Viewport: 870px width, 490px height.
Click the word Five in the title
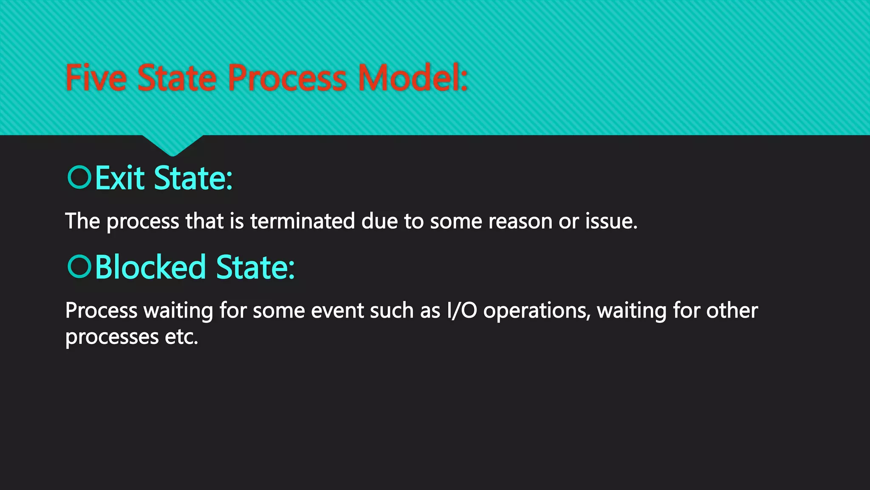(96, 78)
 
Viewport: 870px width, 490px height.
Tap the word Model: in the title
(412, 78)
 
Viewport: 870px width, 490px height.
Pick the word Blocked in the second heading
(150, 267)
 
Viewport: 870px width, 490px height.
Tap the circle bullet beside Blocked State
(79, 266)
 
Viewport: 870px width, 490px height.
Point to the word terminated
(302, 221)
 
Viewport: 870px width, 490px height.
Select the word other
(732, 311)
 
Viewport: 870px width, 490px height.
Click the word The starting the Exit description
(82, 221)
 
